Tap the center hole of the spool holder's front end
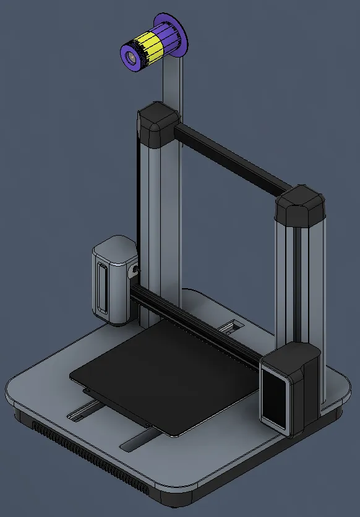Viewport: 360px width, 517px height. (131, 57)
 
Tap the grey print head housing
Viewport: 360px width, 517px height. (113, 278)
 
